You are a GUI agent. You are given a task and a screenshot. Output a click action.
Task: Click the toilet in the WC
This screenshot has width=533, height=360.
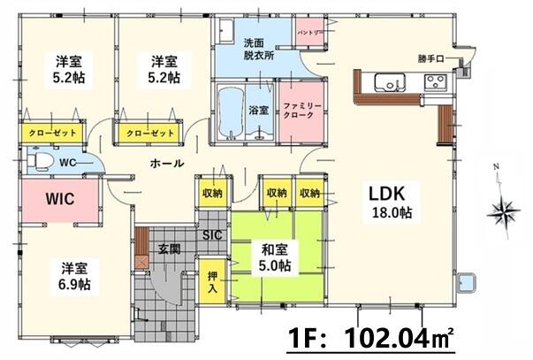point(39,161)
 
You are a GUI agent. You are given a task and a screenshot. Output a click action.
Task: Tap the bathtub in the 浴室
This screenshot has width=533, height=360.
point(232,112)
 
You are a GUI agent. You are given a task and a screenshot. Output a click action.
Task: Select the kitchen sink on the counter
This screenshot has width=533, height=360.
point(390,82)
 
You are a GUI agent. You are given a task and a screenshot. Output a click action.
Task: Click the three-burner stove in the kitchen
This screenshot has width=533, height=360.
point(436,82)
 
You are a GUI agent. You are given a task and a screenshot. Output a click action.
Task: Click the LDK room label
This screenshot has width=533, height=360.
point(387,194)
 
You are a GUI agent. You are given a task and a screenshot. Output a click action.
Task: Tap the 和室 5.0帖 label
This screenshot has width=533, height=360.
point(275,257)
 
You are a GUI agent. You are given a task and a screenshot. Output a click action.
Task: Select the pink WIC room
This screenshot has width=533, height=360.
point(60,199)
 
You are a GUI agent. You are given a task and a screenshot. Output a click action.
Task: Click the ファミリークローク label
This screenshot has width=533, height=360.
point(302,111)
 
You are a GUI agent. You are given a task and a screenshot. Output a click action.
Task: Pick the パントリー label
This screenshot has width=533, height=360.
point(309,33)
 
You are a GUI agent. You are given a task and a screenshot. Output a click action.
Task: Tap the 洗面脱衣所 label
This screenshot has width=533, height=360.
point(259,50)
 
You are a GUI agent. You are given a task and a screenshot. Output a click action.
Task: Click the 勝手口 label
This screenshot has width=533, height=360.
point(431,59)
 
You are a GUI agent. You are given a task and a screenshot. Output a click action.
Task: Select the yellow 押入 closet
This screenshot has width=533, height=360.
point(212,281)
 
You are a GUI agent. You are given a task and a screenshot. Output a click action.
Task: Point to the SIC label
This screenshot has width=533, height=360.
point(212,234)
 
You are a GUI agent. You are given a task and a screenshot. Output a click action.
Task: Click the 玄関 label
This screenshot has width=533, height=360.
point(170,249)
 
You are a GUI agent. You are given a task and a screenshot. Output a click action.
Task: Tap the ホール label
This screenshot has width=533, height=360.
point(167,164)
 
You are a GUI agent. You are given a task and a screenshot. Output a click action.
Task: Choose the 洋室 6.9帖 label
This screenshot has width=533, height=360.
point(74,276)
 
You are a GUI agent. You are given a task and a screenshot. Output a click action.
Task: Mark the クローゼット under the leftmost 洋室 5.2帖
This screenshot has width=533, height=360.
point(52,133)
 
